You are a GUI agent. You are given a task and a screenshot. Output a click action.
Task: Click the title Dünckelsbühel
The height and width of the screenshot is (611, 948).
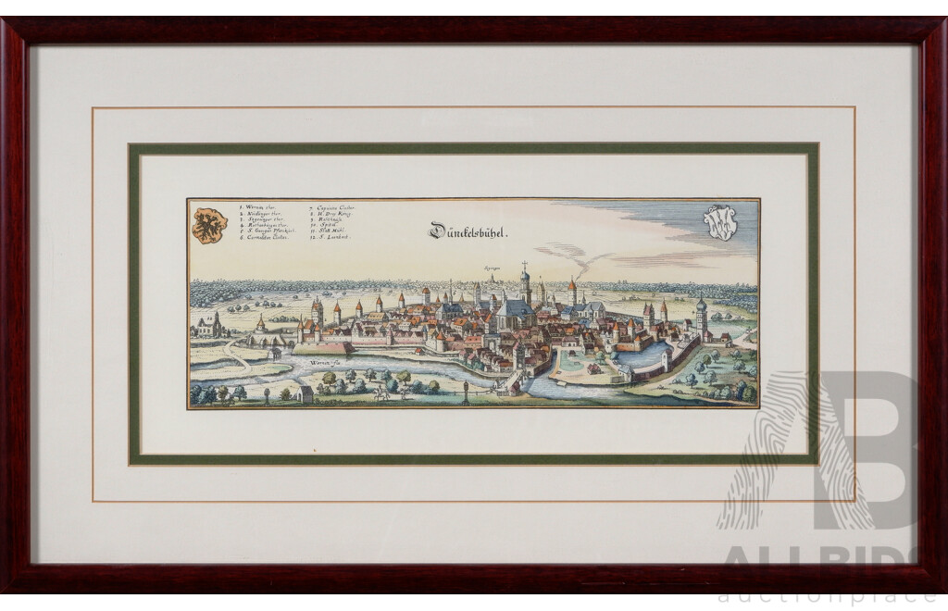coord(468,231)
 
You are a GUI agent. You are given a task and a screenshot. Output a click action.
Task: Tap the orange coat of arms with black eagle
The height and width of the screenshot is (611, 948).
coord(209,225)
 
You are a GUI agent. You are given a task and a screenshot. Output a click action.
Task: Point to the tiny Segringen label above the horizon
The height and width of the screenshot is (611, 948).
coord(491,267)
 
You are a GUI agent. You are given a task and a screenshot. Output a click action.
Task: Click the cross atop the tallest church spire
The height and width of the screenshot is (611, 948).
coord(524,265)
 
